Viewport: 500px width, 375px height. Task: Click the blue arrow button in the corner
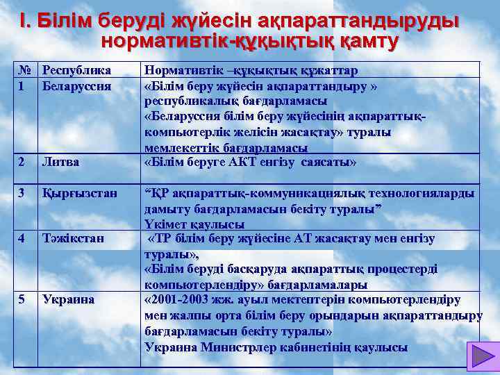[x=478, y=356]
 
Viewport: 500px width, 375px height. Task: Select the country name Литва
[x=60, y=162]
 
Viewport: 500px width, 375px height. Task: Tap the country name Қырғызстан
[x=76, y=192]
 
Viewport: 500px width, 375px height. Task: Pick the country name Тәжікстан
[x=73, y=238]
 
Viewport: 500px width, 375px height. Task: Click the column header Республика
[x=76, y=71]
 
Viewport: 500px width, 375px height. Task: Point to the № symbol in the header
[x=25, y=71]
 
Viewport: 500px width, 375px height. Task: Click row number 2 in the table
[x=22, y=162]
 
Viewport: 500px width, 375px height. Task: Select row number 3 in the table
[x=22, y=192]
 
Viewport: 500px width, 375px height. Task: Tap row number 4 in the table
[x=22, y=238]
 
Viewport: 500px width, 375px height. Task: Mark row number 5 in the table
[x=22, y=299]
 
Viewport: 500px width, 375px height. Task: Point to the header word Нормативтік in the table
[x=180, y=71]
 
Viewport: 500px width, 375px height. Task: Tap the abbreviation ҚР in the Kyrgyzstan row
[x=157, y=192]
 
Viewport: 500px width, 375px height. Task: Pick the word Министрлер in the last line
[x=228, y=347]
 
